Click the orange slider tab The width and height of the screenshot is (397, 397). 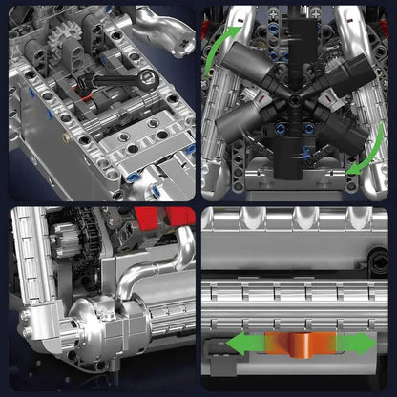coord(299,344)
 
